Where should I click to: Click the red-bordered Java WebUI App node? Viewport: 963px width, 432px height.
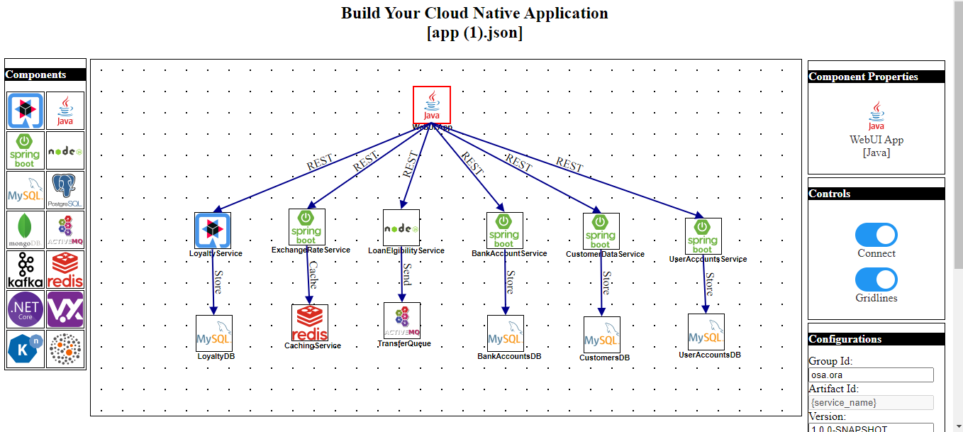[432, 105]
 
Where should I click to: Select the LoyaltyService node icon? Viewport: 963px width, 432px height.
[213, 231]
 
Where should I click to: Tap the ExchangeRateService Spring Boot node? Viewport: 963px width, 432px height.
[307, 226]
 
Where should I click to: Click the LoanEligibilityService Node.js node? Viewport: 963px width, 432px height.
[401, 228]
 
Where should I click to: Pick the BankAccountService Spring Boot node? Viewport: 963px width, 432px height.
[505, 231]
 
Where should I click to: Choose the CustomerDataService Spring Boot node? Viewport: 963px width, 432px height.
[601, 231]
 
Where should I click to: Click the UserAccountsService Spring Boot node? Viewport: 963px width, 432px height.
[703, 236]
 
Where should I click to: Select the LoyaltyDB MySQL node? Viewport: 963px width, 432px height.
[214, 333]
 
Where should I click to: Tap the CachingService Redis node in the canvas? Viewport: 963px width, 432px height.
[310, 323]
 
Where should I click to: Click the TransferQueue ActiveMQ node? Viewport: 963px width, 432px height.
[402, 321]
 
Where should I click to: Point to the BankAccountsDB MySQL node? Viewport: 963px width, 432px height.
[506, 333]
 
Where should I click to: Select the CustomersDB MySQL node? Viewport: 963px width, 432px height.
[602, 335]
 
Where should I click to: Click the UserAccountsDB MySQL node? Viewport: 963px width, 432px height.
[706, 332]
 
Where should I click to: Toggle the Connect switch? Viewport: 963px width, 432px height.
[876, 235]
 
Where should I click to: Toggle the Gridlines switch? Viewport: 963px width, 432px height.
[876, 279]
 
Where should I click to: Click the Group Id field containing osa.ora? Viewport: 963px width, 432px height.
[871, 375]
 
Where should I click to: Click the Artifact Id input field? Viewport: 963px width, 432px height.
[871, 402]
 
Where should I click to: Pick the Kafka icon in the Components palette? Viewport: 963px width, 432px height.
[26, 270]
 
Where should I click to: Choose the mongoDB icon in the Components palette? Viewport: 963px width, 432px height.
[26, 230]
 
